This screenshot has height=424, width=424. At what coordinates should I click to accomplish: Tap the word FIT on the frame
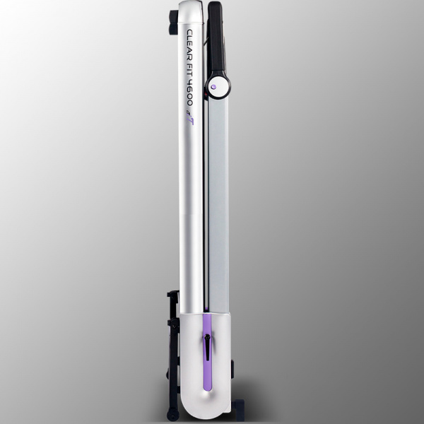pos(190,70)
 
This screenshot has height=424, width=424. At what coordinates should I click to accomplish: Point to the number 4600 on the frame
pos(190,93)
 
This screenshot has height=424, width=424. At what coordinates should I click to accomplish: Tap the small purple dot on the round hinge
pos(213,87)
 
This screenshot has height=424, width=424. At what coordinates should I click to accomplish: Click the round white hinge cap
pos(219,86)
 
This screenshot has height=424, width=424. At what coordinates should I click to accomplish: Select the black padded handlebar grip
pos(216,38)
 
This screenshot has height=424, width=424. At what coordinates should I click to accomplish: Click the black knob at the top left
pos(173,22)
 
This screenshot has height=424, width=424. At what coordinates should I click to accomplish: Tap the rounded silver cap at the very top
pos(191,11)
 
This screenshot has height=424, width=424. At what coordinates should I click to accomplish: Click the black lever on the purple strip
pos(207,347)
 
